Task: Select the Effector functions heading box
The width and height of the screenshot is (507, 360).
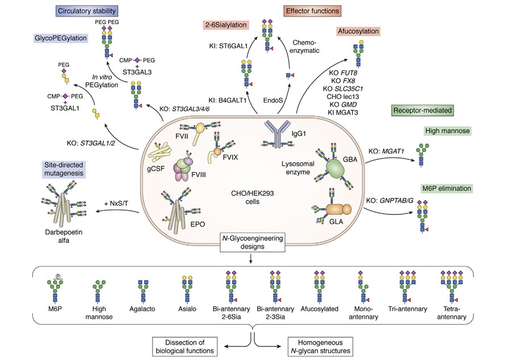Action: [314, 10]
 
